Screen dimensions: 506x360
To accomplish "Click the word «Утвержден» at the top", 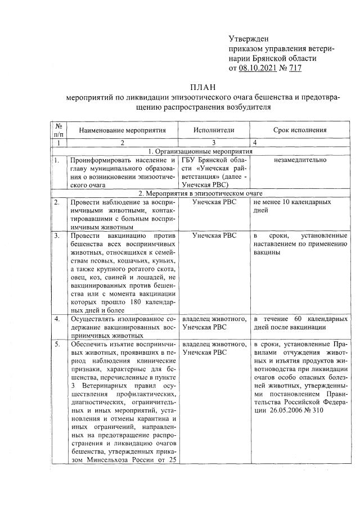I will point(249,39).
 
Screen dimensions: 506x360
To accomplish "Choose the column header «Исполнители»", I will point(214,130).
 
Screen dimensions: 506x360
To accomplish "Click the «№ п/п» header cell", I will point(58,130).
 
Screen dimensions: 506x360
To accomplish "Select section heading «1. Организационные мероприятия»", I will point(200,151).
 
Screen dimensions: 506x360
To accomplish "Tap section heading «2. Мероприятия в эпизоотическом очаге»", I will point(200,192).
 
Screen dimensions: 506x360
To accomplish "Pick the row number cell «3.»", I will point(57,235).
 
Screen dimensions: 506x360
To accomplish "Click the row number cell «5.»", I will point(57,344).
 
